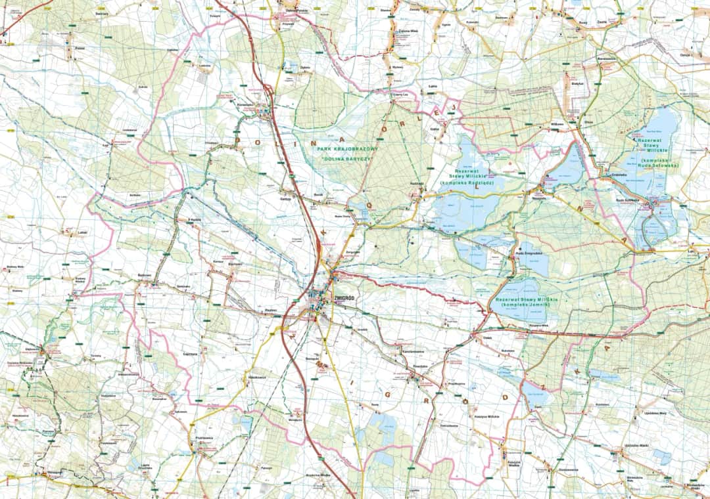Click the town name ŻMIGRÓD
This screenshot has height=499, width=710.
(x=344, y=297)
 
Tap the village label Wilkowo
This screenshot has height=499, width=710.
(x=539, y=123)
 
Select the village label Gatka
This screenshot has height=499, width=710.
(x=435, y=129)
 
